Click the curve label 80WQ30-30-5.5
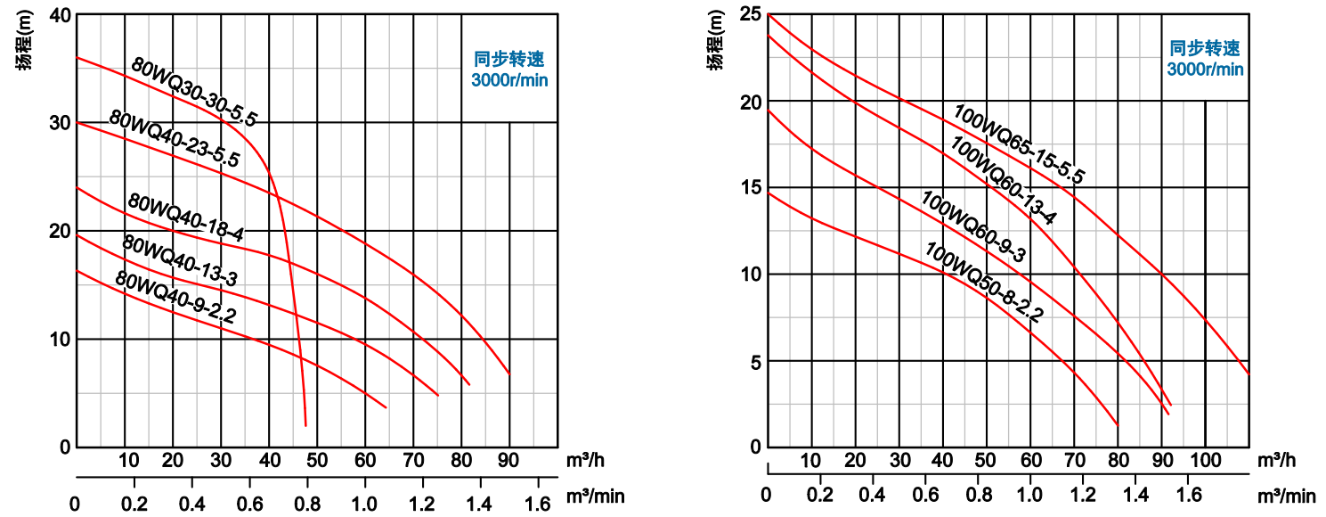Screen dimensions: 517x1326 coord(193,93)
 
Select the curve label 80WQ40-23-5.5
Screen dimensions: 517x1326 coord(175,140)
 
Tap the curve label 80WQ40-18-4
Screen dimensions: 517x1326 coord(186,217)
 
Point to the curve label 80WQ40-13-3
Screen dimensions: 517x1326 coord(179,260)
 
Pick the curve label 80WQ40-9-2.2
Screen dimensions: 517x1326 coord(175,296)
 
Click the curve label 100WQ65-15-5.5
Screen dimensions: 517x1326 coord(1019,144)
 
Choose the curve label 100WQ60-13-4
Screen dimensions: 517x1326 coord(1002,180)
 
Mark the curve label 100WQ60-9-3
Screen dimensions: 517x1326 coord(973,227)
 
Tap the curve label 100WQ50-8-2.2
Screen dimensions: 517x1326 coord(984,282)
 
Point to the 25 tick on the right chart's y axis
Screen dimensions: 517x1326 coord(750,14)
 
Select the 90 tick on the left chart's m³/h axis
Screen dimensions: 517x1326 coord(508,461)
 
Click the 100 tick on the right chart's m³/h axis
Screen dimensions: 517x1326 coord(1205,461)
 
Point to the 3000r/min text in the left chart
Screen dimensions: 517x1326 coord(509,80)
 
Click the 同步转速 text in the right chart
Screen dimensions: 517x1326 coord(1205,49)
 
